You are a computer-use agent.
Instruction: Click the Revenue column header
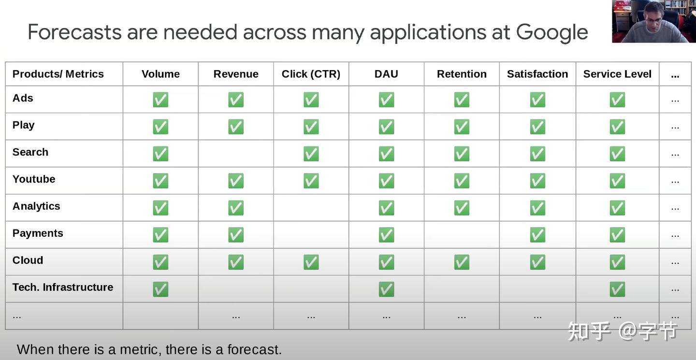[x=236, y=74]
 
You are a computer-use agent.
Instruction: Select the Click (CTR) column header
[x=311, y=74]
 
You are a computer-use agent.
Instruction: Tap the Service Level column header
[x=617, y=74]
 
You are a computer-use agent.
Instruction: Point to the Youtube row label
[x=34, y=179]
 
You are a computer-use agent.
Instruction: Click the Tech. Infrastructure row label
[x=63, y=287]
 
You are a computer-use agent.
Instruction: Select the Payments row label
[x=38, y=233]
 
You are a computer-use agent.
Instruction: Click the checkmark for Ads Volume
[x=160, y=100]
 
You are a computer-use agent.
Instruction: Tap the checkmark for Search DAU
[x=387, y=154]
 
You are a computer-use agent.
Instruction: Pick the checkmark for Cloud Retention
[x=462, y=262]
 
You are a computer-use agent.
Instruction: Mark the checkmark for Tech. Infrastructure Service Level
[x=617, y=289]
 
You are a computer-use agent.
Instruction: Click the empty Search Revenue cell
[x=236, y=154]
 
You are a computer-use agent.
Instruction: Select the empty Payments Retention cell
[x=462, y=234]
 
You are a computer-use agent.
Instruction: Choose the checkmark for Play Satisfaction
[x=537, y=127]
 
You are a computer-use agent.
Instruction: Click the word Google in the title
[x=552, y=32]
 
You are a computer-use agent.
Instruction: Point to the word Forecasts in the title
[x=74, y=32]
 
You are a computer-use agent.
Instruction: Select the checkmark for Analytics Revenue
[x=236, y=208]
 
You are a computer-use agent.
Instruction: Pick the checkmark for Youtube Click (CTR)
[x=311, y=181]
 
